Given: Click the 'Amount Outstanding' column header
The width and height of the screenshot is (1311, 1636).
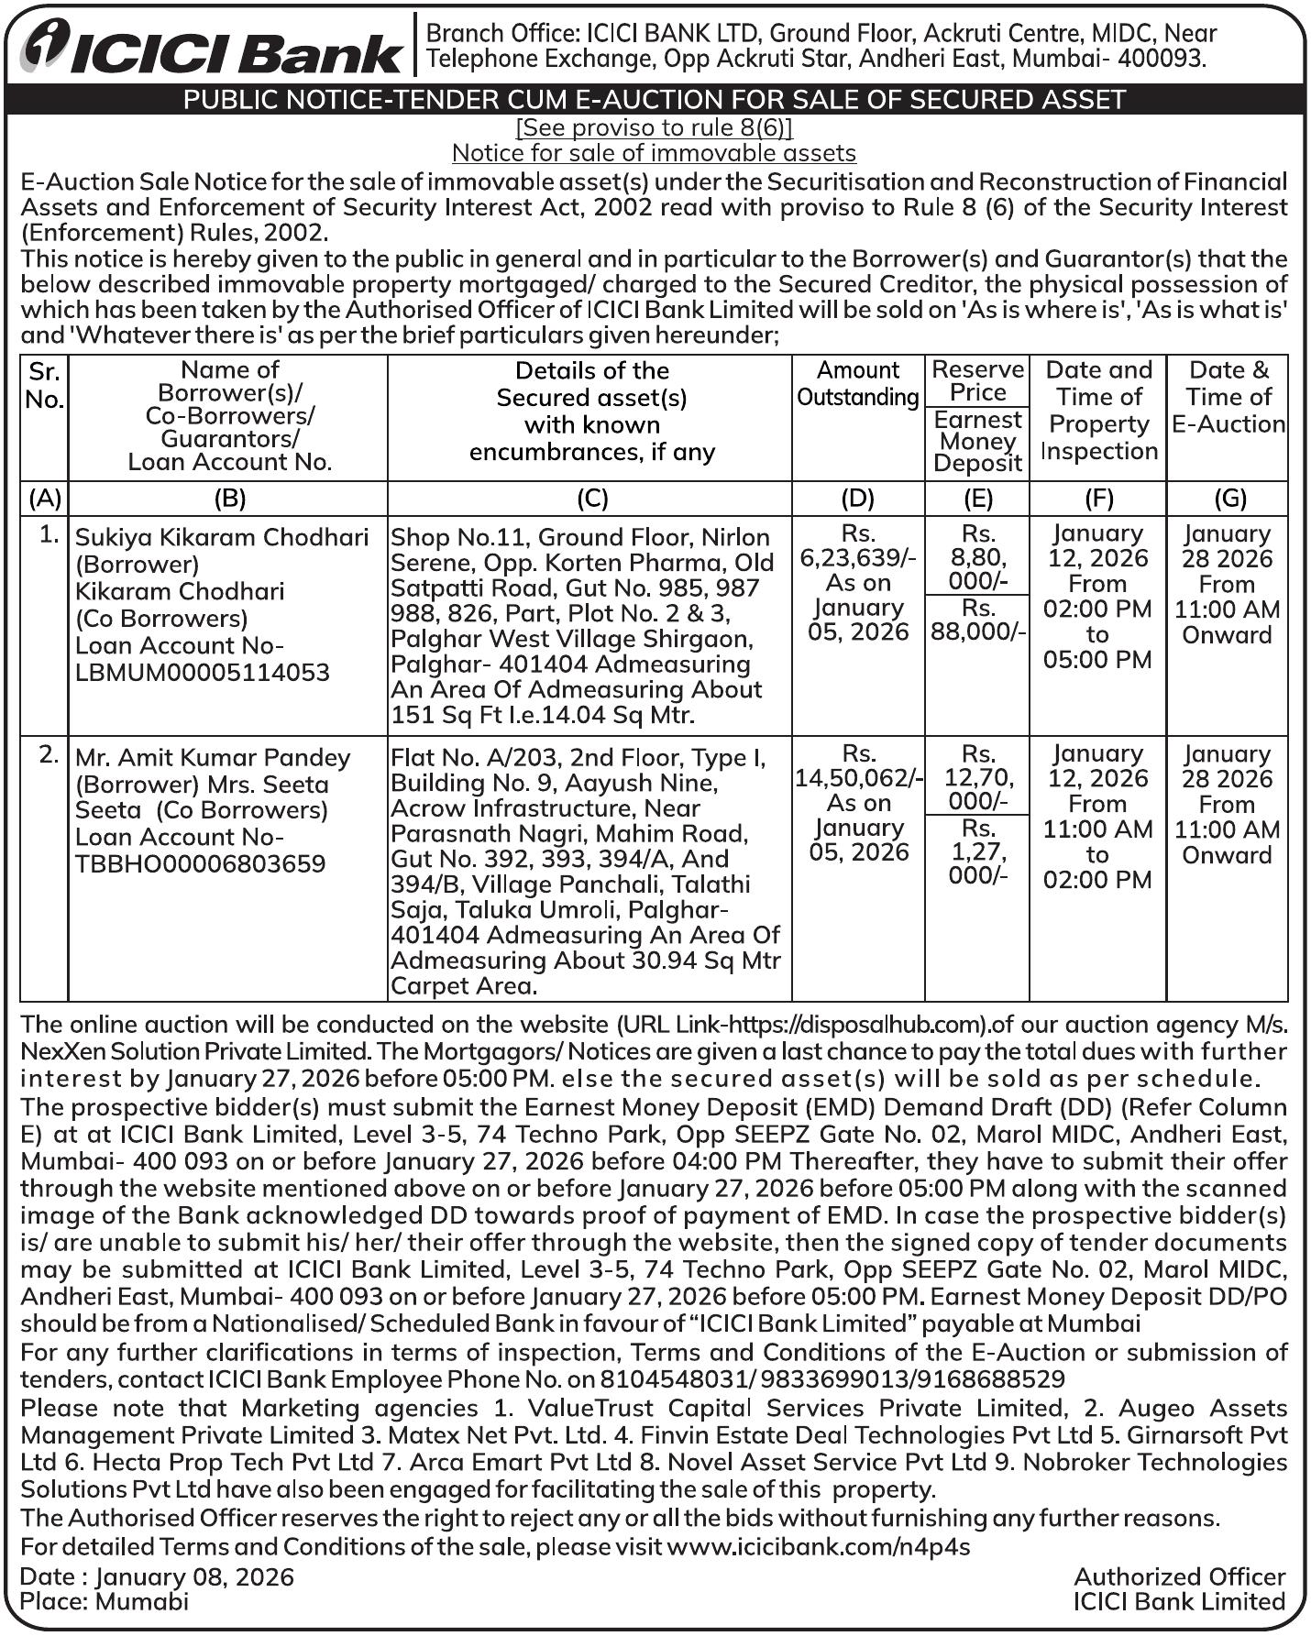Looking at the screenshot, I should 857,384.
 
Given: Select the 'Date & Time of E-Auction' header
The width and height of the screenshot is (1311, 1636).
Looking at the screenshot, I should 1228,397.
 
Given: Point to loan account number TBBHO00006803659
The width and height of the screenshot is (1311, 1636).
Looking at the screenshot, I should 200,863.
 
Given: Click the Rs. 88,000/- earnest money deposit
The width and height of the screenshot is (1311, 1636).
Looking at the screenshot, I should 978,620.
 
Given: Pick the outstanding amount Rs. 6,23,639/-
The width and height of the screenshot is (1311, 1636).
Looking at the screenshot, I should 858,557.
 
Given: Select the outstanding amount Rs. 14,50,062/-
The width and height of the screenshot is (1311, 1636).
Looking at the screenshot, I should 858,777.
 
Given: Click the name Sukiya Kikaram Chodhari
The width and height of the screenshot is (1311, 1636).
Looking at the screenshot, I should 222,537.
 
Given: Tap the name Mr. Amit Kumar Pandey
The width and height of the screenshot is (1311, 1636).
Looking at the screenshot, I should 213,758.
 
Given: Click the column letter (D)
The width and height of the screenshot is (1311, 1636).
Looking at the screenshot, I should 857,499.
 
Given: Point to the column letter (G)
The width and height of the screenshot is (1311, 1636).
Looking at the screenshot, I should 1229,499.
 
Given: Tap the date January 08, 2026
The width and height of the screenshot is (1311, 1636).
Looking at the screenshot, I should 194,1576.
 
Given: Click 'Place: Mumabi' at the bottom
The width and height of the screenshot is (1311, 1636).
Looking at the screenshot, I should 105,1601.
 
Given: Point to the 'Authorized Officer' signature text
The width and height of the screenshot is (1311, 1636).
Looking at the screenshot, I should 1179,1576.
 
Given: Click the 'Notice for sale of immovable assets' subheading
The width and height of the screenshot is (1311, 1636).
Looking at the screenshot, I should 654,153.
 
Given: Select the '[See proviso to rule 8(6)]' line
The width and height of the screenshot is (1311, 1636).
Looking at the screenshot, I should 654,127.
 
